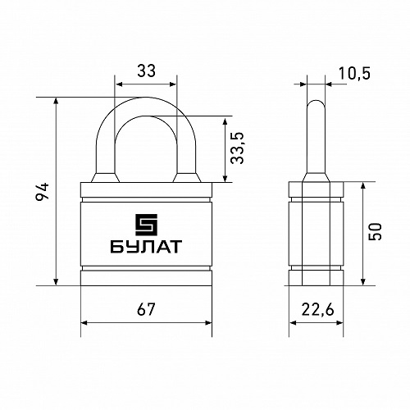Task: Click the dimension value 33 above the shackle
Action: point(146,71)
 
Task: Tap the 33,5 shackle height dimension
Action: point(237,148)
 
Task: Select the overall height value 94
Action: point(43,191)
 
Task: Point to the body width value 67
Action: point(146,309)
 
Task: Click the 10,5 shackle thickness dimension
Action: point(354,73)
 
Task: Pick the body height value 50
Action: point(375,232)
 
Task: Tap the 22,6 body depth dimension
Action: point(318,310)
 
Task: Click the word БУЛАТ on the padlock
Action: point(146,247)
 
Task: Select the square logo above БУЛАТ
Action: point(146,225)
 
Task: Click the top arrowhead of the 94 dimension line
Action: point(57,101)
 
